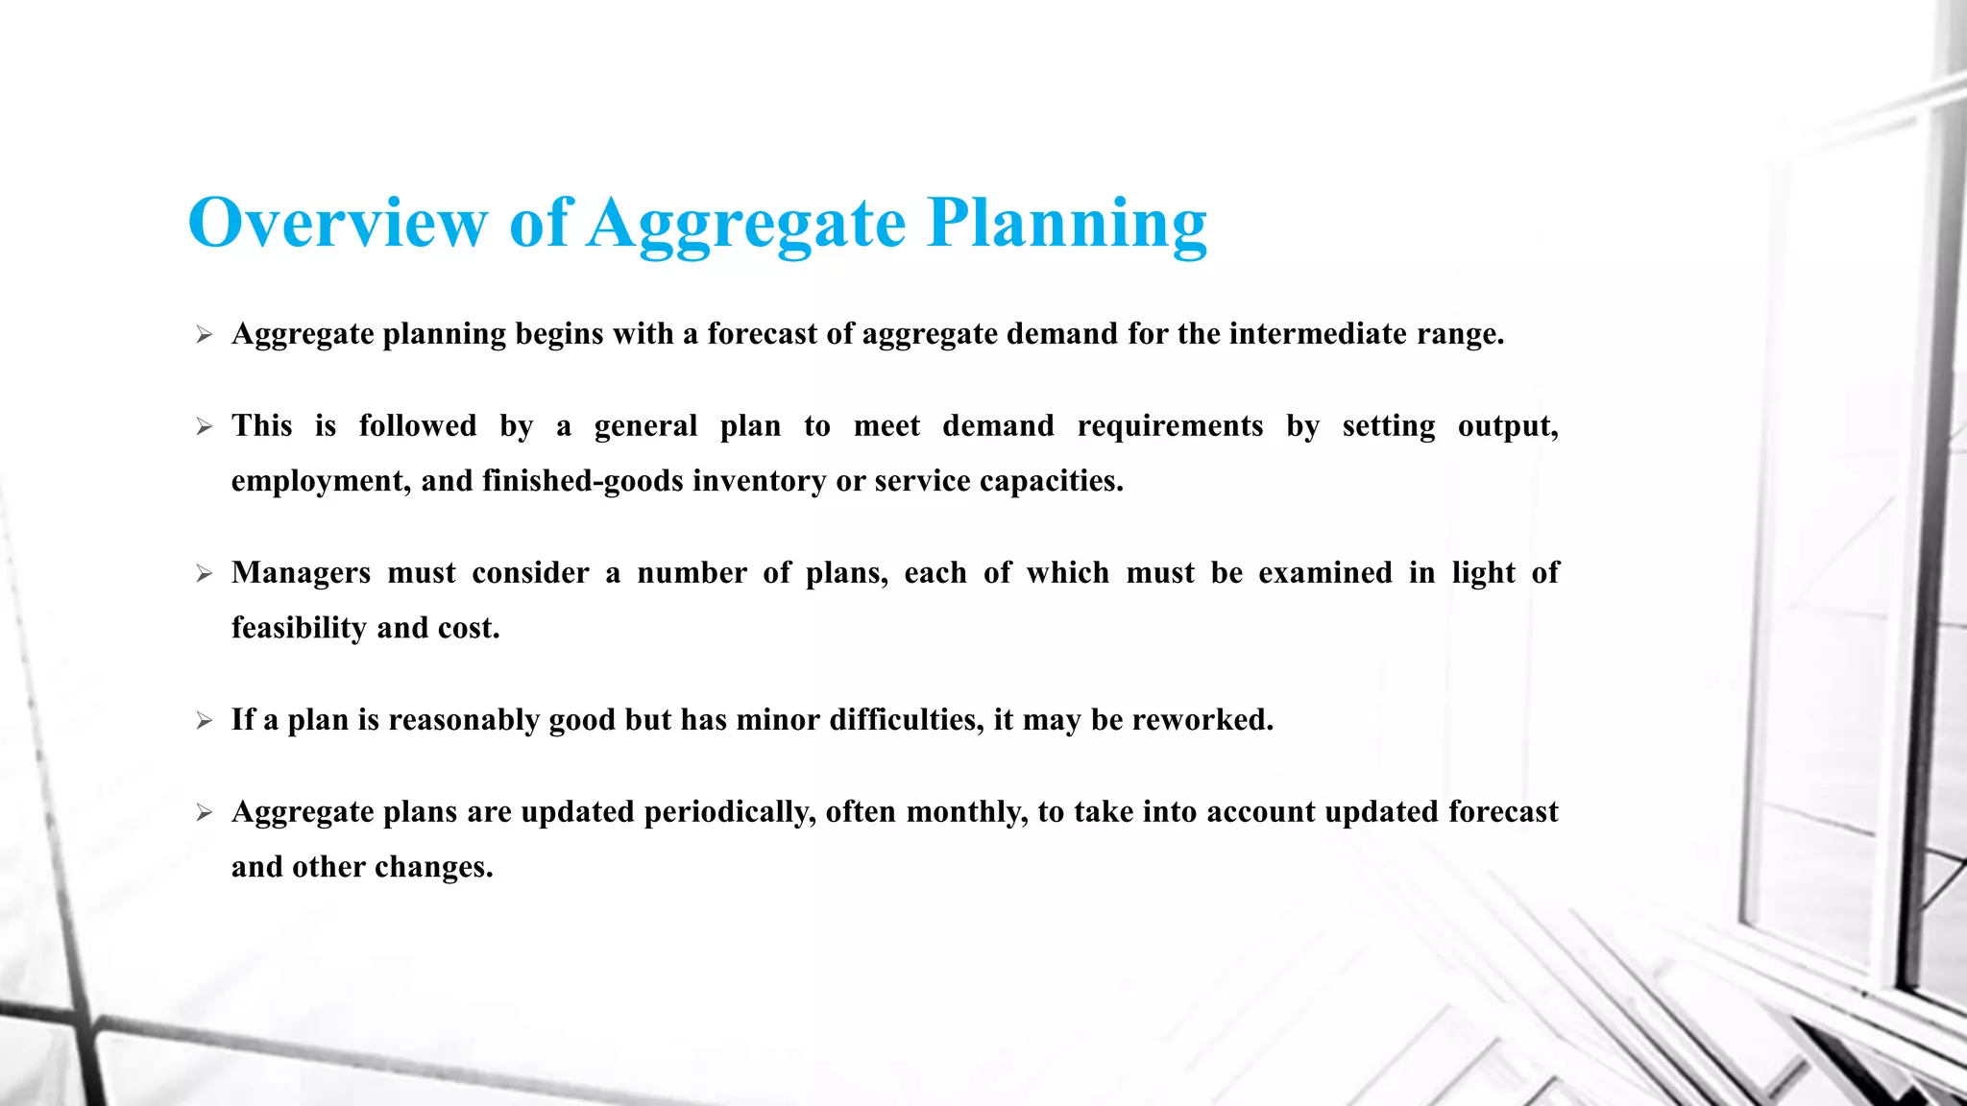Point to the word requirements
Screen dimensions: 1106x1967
click(1170, 426)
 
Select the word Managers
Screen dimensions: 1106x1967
click(301, 573)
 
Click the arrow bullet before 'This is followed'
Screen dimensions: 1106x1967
click(204, 427)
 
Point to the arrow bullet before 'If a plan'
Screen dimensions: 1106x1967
click(204, 721)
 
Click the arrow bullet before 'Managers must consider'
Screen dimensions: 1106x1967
click(204, 574)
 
